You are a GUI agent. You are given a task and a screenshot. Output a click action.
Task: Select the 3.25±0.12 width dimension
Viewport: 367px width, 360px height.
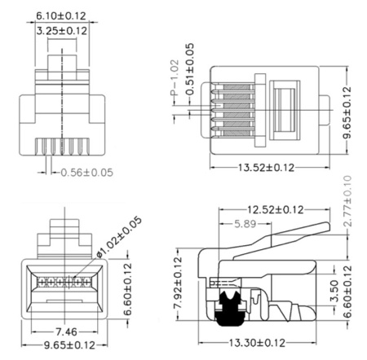pyautogui.click(x=62, y=31)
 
